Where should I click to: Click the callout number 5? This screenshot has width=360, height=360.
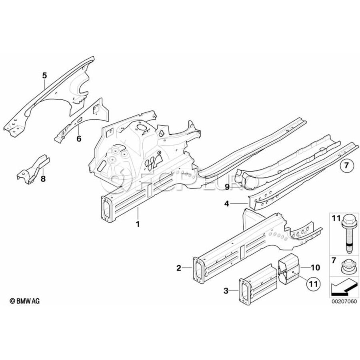pyautogui.click(x=44, y=75)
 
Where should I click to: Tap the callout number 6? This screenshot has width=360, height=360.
pyautogui.click(x=79, y=139)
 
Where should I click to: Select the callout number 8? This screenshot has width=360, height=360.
pyautogui.click(x=43, y=178)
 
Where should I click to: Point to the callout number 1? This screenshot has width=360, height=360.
pyautogui.click(x=138, y=224)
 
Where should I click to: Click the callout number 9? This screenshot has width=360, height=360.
pyautogui.click(x=227, y=188)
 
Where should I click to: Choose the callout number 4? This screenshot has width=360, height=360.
pyautogui.click(x=227, y=204)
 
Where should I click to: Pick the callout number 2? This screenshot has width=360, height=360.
pyautogui.click(x=179, y=268)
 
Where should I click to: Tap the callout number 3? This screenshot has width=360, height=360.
pyautogui.click(x=226, y=291)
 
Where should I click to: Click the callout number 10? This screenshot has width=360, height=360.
pyautogui.click(x=315, y=267)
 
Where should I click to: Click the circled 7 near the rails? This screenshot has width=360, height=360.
pyautogui.click(x=347, y=165)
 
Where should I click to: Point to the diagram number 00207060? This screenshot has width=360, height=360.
pyautogui.click(x=344, y=301)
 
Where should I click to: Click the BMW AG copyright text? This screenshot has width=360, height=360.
pyautogui.click(x=24, y=301)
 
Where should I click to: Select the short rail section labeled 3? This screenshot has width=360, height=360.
pyautogui.click(x=258, y=284)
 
